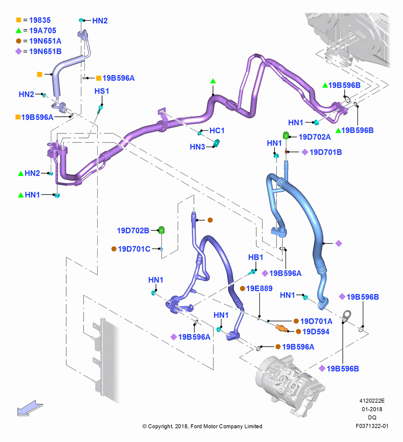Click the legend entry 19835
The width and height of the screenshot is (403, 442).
[x=40, y=20]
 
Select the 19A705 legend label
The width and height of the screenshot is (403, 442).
[x=42, y=30]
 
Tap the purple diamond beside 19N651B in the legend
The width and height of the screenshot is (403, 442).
[x=19, y=51]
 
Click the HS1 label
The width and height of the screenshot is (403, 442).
[x=102, y=91]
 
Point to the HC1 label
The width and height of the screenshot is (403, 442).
[x=217, y=130]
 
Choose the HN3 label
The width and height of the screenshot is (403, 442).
[x=198, y=147]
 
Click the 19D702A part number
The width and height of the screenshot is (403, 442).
[x=315, y=137]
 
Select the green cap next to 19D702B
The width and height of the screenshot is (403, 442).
[x=161, y=230]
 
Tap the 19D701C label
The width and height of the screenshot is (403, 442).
[x=134, y=249]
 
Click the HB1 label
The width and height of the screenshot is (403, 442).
[x=255, y=257]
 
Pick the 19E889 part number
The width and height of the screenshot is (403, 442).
[x=259, y=288]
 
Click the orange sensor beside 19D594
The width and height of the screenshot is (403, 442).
[x=281, y=328]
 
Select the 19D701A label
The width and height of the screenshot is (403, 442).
[x=316, y=321]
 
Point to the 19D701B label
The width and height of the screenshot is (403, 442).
[x=326, y=152]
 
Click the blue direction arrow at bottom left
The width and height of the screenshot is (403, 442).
[x=30, y=408]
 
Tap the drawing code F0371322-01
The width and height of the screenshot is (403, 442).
[x=372, y=426]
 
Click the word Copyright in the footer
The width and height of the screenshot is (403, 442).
[x=160, y=427]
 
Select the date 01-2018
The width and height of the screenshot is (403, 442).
[x=372, y=409]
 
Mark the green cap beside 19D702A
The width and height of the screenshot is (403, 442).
[x=286, y=135]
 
